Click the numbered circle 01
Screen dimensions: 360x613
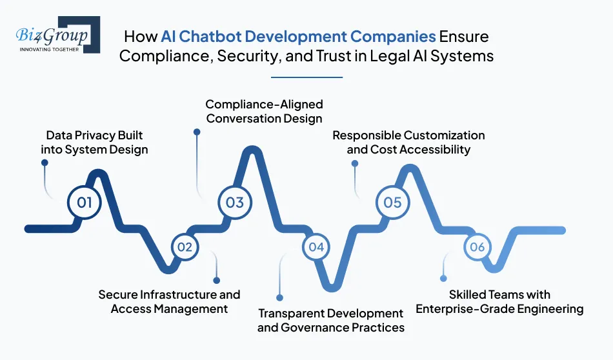point(85,203)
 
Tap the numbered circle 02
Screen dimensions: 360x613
point(185,247)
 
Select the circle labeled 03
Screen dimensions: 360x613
point(235,203)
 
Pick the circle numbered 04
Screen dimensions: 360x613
point(316,247)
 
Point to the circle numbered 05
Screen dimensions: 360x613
point(392,203)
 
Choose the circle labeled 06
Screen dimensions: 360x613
point(477,247)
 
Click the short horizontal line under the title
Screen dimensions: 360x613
point(306,77)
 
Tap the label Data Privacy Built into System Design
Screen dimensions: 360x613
point(94,143)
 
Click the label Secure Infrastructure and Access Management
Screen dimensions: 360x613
point(169,301)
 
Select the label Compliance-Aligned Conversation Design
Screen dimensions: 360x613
point(264,111)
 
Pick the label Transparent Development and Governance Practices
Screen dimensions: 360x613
point(331,321)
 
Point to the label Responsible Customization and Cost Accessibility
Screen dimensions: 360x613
point(408,143)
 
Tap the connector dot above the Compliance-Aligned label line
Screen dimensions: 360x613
point(197,132)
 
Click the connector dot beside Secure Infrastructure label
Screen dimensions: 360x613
point(216,281)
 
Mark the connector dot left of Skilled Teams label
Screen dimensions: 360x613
point(443,279)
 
